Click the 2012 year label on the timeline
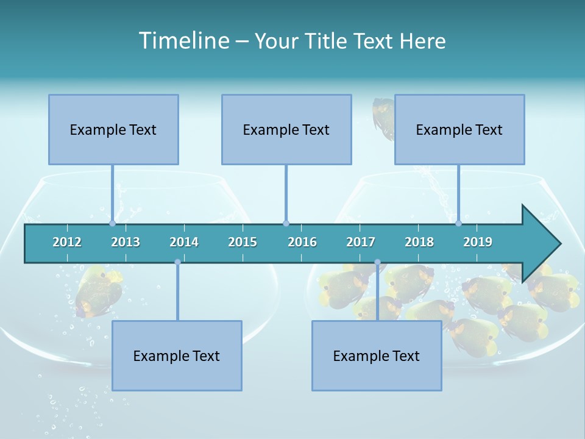67,242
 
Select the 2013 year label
126,242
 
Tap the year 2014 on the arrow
184,242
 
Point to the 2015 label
243,242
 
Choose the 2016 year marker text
302,242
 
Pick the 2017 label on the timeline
361,242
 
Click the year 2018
419,242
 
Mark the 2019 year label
478,242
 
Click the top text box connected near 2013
113,129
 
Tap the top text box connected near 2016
286,129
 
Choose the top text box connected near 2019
459,129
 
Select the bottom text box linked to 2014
177,355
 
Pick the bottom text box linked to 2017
377,355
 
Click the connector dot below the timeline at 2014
177,262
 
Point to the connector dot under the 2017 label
377,262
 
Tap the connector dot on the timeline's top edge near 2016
286,223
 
